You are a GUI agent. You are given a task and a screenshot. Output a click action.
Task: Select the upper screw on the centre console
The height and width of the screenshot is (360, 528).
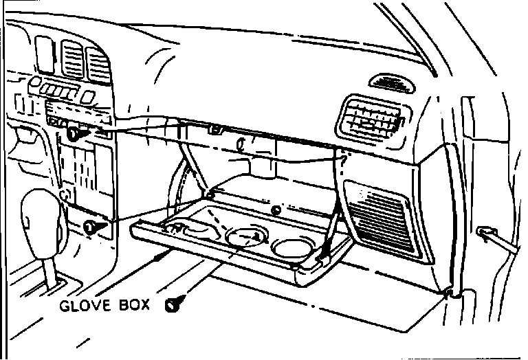click(74, 135)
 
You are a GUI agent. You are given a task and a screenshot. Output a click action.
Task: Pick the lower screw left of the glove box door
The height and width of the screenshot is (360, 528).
click(91, 227)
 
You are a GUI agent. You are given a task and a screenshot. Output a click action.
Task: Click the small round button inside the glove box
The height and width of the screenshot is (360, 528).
click(275, 210)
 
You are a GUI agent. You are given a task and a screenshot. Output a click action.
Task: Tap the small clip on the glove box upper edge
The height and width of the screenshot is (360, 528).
click(217, 128)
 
